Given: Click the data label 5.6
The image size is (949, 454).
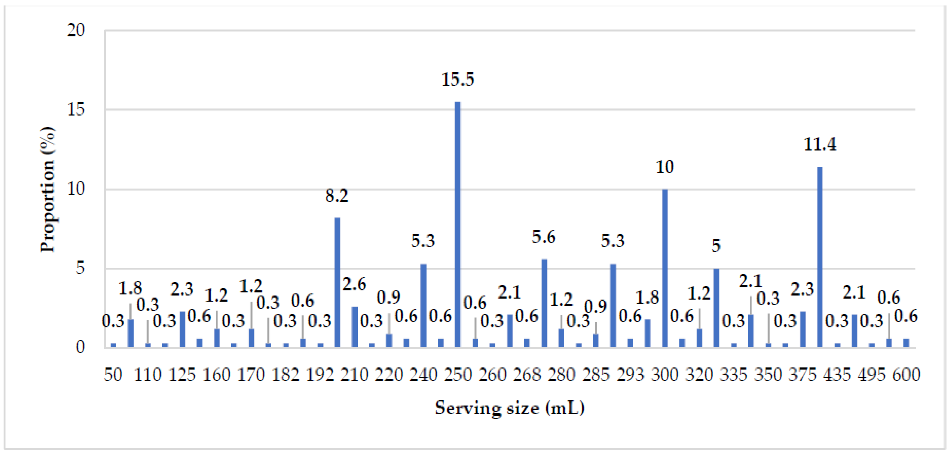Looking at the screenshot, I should tap(543, 237).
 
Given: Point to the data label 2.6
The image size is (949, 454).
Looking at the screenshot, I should tap(354, 285).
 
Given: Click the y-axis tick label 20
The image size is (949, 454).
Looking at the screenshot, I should tap(76, 30).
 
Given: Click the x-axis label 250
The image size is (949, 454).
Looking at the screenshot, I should tap(458, 375).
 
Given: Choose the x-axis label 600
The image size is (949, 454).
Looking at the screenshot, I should tap(906, 375).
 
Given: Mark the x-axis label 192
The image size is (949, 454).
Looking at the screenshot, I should tap(320, 375).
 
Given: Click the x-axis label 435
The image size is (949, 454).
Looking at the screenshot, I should tap(837, 375).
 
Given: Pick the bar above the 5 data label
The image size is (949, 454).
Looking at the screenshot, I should tap(717, 308).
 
